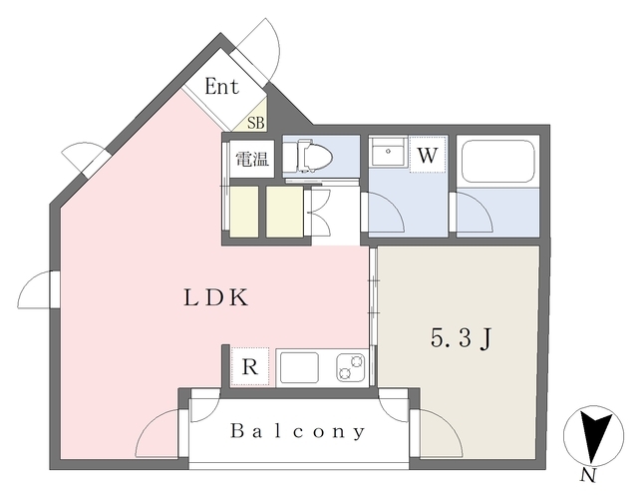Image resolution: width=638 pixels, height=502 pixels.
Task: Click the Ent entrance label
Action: click(x=221, y=87)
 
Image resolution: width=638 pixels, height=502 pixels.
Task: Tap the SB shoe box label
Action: click(x=256, y=123)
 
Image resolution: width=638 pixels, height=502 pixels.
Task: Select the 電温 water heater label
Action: click(x=251, y=159)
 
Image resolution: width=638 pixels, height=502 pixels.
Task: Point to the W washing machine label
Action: click(x=426, y=156)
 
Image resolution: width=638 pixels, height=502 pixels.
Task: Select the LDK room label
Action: click(x=214, y=297)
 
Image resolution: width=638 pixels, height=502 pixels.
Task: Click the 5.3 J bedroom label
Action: click(x=460, y=339)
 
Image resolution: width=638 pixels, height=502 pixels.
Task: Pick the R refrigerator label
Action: click(x=250, y=367)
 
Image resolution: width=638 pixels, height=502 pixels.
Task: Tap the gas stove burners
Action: click(x=349, y=367)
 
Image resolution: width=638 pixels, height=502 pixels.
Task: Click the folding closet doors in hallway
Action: click(x=320, y=211)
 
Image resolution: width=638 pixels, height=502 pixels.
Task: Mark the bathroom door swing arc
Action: click(x=473, y=215)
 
